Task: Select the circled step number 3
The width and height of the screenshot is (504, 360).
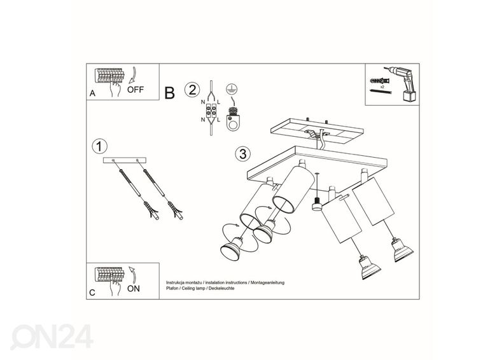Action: (x=242, y=154)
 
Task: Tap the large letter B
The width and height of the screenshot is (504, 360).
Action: (x=169, y=93)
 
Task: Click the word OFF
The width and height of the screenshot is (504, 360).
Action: (x=136, y=90)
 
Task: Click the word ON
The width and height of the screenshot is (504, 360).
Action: (x=134, y=288)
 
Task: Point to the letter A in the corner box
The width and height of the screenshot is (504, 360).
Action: (x=93, y=93)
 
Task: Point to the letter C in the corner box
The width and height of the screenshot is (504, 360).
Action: (x=92, y=293)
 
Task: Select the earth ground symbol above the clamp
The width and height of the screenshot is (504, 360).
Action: (x=233, y=90)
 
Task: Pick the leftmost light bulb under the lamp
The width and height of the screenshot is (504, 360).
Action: (x=231, y=251)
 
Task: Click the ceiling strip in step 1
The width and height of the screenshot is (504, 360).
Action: (x=125, y=160)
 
